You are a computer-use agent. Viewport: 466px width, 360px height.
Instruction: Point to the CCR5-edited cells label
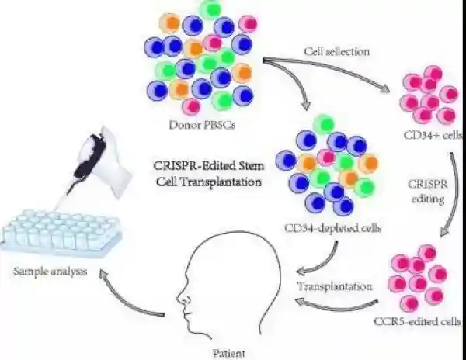pos(418,320)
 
